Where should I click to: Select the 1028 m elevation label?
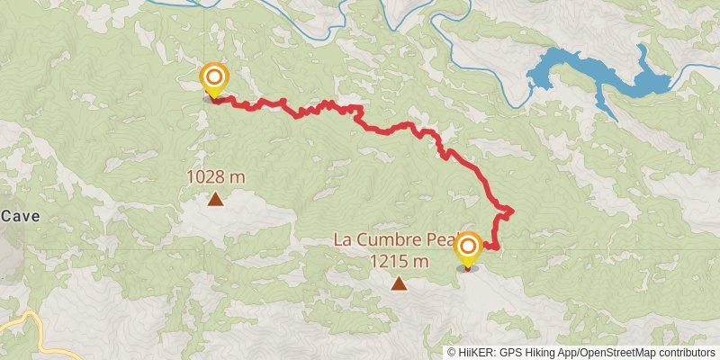216,177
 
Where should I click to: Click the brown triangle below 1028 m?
216,199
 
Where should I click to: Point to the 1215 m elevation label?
398,262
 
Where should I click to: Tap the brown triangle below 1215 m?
398,284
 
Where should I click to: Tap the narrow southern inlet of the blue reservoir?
610,108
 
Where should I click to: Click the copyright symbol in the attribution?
452,352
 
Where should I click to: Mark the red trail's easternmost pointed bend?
512,211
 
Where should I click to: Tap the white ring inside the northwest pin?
214,76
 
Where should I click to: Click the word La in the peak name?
342,240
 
